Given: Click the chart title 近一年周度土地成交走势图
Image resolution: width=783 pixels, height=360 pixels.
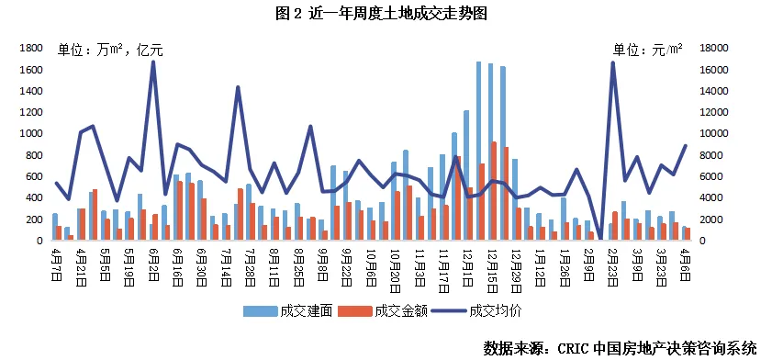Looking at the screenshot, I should [x=393, y=14].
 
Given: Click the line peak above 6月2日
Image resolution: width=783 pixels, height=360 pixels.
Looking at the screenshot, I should [x=153, y=62].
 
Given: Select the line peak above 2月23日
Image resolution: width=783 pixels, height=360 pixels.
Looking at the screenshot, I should [x=612, y=62].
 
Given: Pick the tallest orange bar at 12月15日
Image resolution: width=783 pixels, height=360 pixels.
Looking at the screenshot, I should [x=494, y=191].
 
